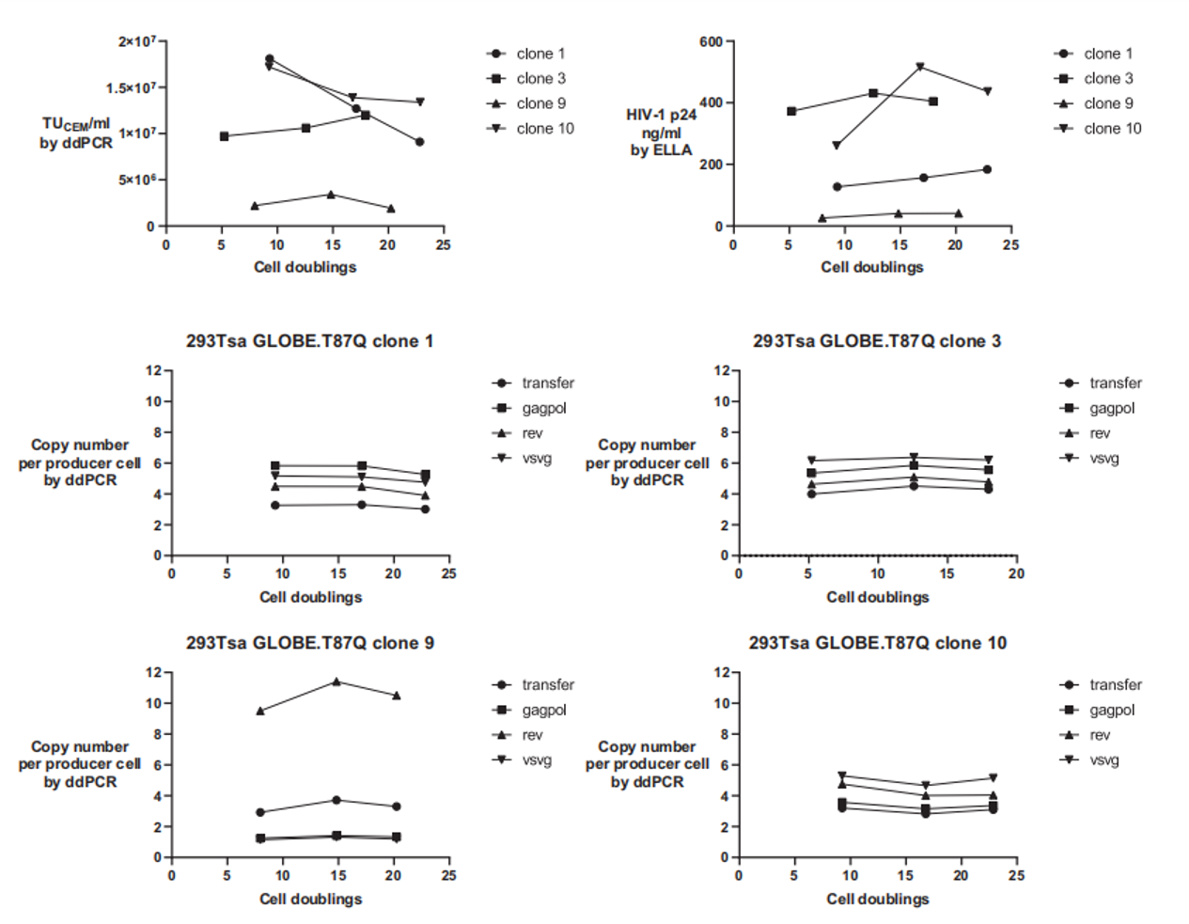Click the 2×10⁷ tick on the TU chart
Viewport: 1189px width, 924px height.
pyautogui.click(x=137, y=41)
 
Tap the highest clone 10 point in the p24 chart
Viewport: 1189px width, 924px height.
pyautogui.click(x=920, y=67)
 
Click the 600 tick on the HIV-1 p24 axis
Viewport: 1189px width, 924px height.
pyautogui.click(x=711, y=41)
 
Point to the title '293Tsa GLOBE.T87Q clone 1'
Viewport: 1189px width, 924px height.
pyautogui.click(x=309, y=341)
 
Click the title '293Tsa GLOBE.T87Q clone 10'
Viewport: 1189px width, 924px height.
pyautogui.click(x=877, y=643)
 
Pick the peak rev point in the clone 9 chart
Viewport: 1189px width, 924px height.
pyautogui.click(x=336, y=681)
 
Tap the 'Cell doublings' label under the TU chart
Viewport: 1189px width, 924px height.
pyautogui.click(x=305, y=267)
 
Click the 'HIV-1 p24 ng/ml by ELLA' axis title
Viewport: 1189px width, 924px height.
pyautogui.click(x=662, y=133)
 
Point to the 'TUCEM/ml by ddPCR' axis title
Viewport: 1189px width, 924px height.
pyautogui.click(x=76, y=133)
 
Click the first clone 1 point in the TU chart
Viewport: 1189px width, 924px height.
pyautogui.click(x=270, y=59)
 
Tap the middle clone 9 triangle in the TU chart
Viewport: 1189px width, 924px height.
pyautogui.click(x=331, y=195)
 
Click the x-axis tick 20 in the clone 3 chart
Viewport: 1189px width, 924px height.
pyautogui.click(x=1016, y=573)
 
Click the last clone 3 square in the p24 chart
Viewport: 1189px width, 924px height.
pyautogui.click(x=933, y=102)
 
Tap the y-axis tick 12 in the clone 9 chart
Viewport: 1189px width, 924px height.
pyautogui.click(x=153, y=672)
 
